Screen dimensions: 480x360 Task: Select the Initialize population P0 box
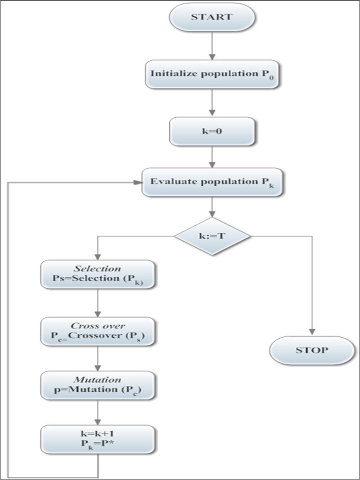click(212, 74)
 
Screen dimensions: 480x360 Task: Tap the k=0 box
click(212, 131)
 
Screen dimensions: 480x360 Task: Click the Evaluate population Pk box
click(212, 182)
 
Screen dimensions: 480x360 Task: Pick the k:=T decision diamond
click(212, 236)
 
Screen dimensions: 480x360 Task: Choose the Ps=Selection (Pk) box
click(97, 275)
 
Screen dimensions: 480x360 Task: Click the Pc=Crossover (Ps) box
click(97, 331)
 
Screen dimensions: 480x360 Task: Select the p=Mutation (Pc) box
click(97, 385)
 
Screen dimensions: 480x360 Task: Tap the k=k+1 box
click(97, 439)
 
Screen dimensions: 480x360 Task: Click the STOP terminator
click(312, 350)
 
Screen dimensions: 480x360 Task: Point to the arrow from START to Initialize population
click(212, 45)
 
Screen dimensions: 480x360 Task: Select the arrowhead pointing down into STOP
click(312, 331)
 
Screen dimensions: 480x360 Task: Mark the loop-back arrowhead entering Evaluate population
click(137, 182)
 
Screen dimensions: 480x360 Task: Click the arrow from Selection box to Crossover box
click(97, 303)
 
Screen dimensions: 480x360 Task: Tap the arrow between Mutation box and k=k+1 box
click(97, 412)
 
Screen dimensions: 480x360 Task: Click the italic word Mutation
click(97, 380)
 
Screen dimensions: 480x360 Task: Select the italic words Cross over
click(97, 326)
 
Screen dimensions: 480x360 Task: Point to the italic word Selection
click(97, 269)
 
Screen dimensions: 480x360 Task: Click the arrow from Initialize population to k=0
click(212, 103)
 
